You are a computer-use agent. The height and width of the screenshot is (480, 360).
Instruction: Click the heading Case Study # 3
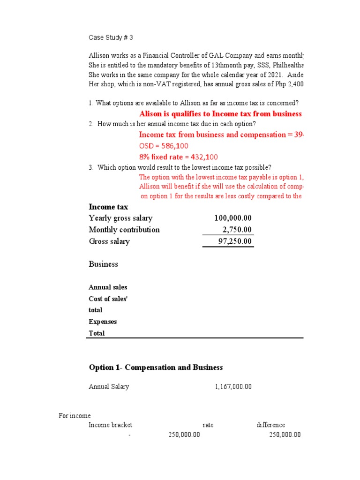pyautogui.click(x=107, y=37)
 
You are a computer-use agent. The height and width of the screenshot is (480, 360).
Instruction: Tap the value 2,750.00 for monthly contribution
pyautogui.click(x=237, y=230)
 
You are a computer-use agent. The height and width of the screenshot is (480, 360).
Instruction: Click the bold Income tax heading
pyautogui.click(x=108, y=207)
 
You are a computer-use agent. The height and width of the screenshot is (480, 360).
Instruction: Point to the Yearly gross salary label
pyautogui.click(x=120, y=218)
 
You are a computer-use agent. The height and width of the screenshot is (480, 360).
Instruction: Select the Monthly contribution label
pyautogui.click(x=124, y=230)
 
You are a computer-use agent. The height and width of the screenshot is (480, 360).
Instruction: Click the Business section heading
pyautogui.click(x=104, y=264)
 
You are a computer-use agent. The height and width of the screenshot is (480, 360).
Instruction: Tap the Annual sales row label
pyautogui.click(x=108, y=287)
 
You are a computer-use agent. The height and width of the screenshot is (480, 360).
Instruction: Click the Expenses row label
pyautogui.click(x=103, y=322)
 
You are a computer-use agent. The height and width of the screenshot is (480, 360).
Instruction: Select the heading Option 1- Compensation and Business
pyautogui.click(x=156, y=367)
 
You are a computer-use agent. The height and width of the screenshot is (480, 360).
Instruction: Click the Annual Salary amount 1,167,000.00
pyautogui.click(x=233, y=387)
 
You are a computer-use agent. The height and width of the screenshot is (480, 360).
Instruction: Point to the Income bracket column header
pyautogui.click(x=111, y=425)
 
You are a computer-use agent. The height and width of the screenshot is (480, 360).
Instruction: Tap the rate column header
pyautogui.click(x=208, y=425)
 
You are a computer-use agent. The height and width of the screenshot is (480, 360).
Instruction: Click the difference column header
pyautogui.click(x=270, y=425)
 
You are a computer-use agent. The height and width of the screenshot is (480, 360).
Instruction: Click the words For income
pyautogui.click(x=75, y=416)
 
